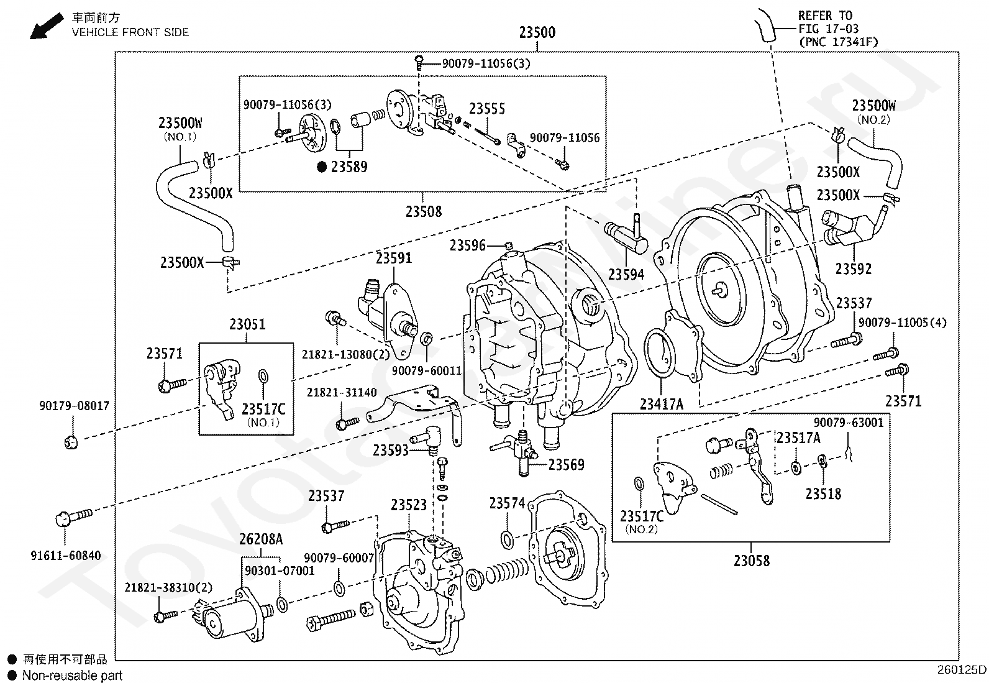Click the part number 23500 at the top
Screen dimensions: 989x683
click(x=537, y=32)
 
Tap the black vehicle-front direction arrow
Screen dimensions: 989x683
click(x=46, y=26)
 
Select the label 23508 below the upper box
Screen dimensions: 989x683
click(x=424, y=211)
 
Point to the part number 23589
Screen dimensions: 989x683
click(x=349, y=167)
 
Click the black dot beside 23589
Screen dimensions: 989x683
click(x=322, y=167)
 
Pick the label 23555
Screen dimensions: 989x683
click(x=486, y=108)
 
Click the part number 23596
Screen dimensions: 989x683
click(x=468, y=245)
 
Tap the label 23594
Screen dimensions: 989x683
click(x=626, y=274)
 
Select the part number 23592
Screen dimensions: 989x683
click(x=854, y=268)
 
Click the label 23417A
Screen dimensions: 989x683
click(x=662, y=404)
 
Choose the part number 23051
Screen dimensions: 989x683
click(x=247, y=324)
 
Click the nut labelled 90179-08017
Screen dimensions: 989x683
click(x=71, y=441)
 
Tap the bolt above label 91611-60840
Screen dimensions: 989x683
click(x=74, y=517)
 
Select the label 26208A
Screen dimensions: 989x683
click(x=261, y=539)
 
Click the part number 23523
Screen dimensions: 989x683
click(x=409, y=505)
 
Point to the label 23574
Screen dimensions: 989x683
click(x=507, y=503)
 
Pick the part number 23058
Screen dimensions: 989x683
click(x=752, y=561)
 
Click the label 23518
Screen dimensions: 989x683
click(x=823, y=493)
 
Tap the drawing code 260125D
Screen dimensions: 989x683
click(x=962, y=670)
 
